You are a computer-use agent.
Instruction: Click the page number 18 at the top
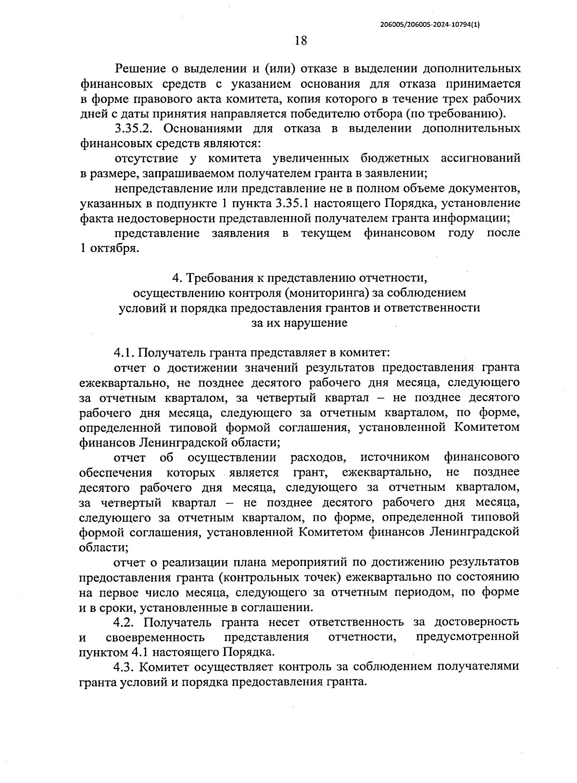(301, 40)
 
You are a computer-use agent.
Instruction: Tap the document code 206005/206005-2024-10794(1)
(430, 26)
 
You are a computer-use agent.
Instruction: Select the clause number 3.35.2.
(136, 128)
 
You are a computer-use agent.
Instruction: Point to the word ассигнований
(480, 158)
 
